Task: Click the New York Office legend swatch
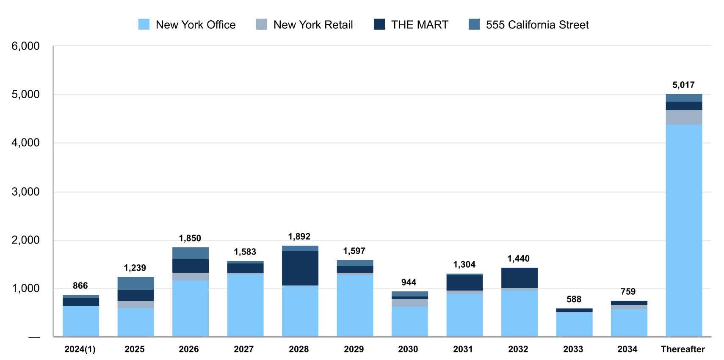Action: point(144,25)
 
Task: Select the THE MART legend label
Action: point(419,25)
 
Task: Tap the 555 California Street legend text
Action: point(537,25)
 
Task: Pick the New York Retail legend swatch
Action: point(262,25)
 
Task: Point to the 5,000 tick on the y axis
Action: point(25,94)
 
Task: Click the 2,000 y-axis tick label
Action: point(25,240)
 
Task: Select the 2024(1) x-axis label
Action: point(80,349)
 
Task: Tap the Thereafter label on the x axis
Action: point(683,349)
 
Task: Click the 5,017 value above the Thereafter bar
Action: point(683,85)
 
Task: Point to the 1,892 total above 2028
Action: point(299,237)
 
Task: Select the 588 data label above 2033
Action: point(574,299)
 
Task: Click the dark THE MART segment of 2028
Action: point(300,268)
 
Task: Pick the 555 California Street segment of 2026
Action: point(191,253)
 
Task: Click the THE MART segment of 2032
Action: point(520,278)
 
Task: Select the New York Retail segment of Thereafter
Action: point(684,117)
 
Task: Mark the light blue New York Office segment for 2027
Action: point(245,305)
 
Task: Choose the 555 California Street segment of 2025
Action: point(135,283)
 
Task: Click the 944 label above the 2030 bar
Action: point(409,282)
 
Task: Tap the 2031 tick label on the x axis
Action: point(463,349)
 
